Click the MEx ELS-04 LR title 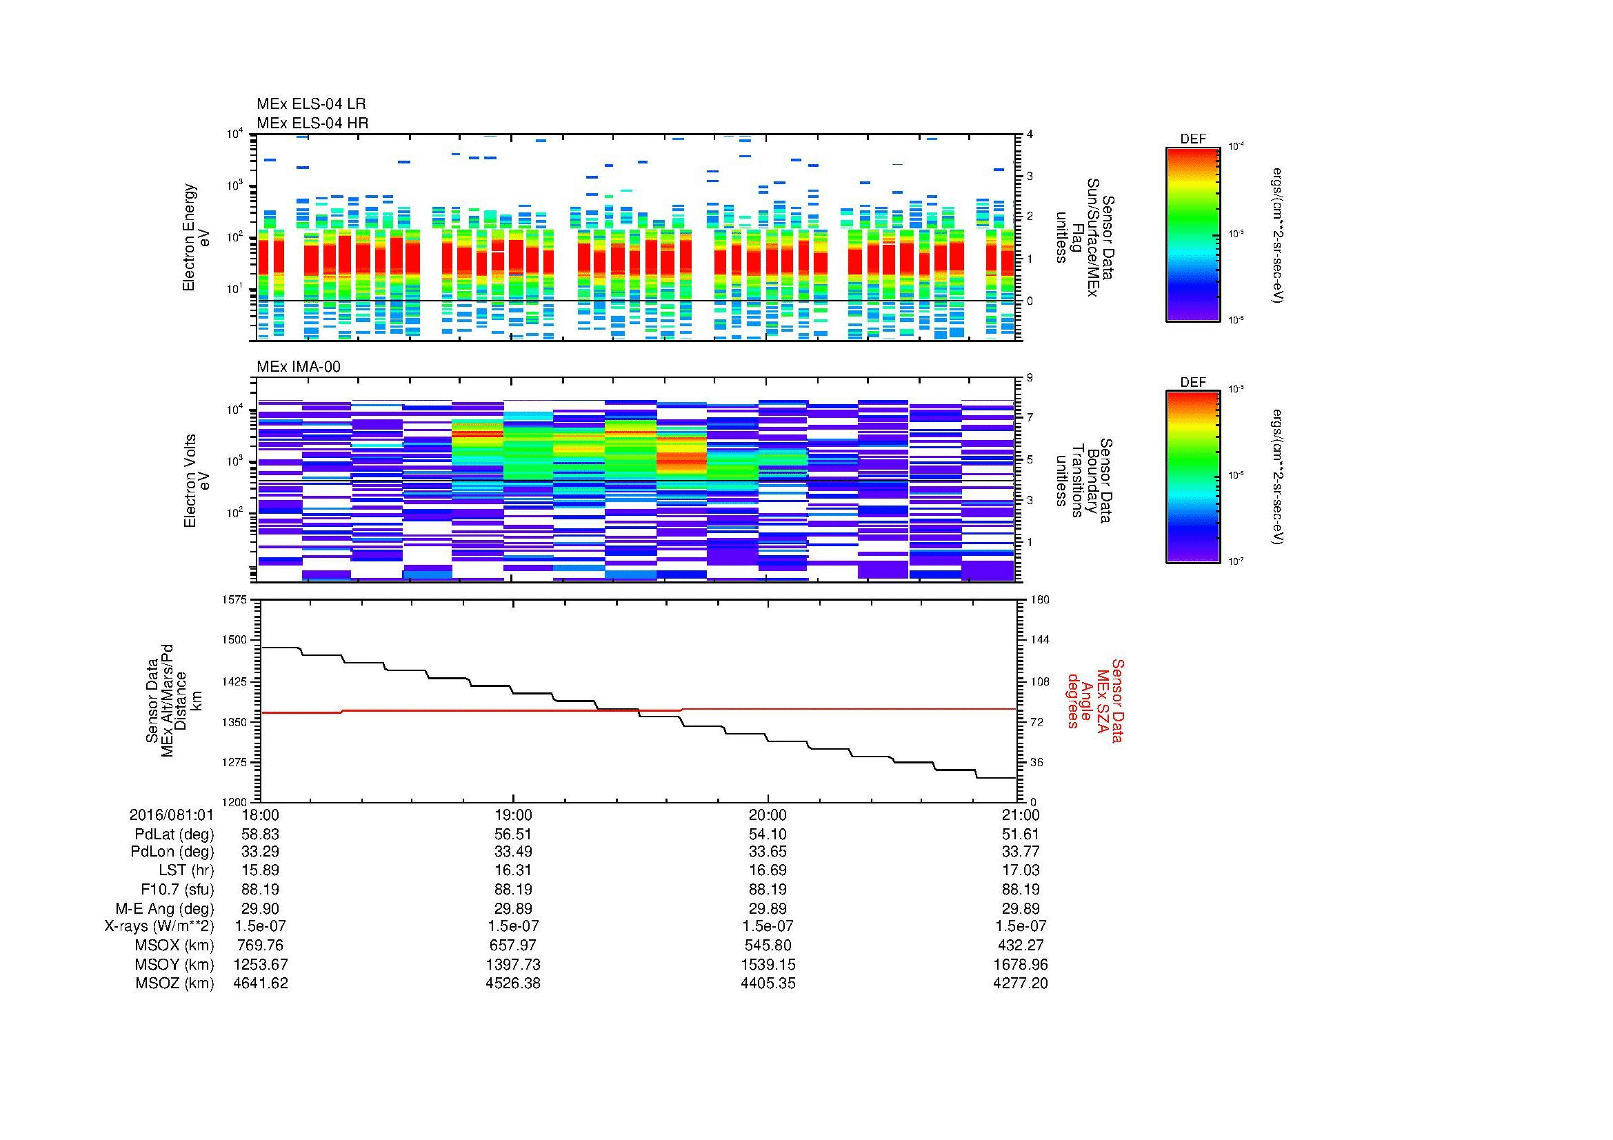tap(311, 104)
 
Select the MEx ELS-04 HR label tap(312, 123)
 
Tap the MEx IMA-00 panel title tap(299, 367)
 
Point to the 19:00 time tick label tap(514, 814)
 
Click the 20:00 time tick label tap(768, 814)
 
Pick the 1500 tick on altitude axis tap(234, 640)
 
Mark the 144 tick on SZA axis tap(1039, 640)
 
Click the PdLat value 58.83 tap(261, 834)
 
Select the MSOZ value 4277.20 tap(1020, 983)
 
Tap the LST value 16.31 tap(514, 871)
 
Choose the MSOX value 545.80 tap(768, 946)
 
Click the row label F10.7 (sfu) tap(177, 889)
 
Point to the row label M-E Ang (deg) tap(164, 908)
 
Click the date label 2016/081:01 tap(172, 814)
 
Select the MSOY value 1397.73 tap(514, 964)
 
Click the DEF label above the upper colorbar tap(1193, 139)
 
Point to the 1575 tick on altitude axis tap(234, 600)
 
